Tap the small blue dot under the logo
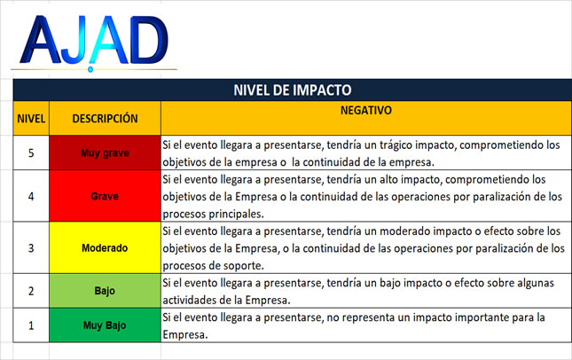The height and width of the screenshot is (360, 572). pos(90,69)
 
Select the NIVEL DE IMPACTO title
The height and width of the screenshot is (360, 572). pos(292,90)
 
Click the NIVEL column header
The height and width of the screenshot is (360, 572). pos(31,119)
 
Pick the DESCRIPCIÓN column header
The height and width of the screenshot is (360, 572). pos(105,119)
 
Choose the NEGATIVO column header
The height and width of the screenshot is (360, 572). pos(366,110)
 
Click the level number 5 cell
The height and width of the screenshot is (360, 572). pos(31,153)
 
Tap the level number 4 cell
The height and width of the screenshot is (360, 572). pos(31,196)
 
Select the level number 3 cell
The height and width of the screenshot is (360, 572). pos(31,248)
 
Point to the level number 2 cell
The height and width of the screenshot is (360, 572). pos(31,291)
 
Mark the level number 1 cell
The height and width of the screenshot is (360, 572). pos(31,325)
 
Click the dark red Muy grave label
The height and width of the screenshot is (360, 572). pos(105,153)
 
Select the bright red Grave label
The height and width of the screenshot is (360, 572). pos(105,196)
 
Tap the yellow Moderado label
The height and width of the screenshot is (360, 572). pos(105,248)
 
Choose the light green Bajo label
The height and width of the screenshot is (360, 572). pos(105,291)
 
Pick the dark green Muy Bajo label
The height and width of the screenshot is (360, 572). pos(105,325)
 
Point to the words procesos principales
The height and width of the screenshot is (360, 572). pos(213,214)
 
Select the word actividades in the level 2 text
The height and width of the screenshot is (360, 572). pos(189,301)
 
